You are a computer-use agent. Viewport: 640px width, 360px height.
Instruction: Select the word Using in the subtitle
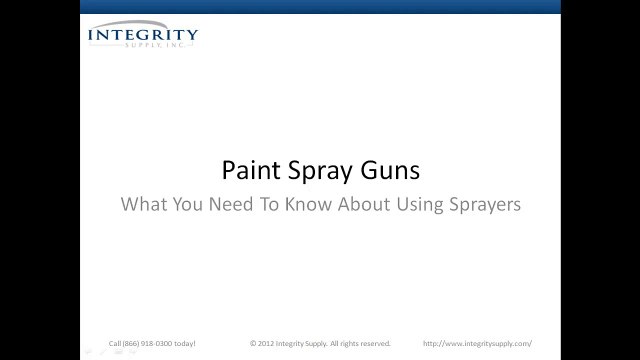coord(424,203)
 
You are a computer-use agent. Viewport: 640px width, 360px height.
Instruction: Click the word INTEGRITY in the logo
coord(143,36)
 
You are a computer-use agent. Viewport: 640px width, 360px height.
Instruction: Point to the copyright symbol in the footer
coord(253,342)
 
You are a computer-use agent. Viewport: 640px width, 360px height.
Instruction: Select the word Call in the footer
coord(114,342)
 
